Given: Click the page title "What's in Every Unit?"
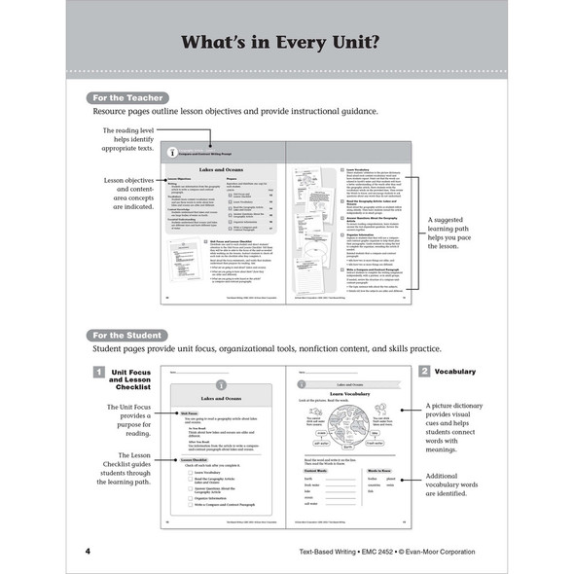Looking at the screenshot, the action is point(287,43).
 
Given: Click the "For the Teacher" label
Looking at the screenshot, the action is point(126,98).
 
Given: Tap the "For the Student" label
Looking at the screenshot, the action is point(126,334).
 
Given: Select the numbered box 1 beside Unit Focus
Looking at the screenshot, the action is point(98,372).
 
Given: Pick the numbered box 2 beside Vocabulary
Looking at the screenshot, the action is point(424,372).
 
